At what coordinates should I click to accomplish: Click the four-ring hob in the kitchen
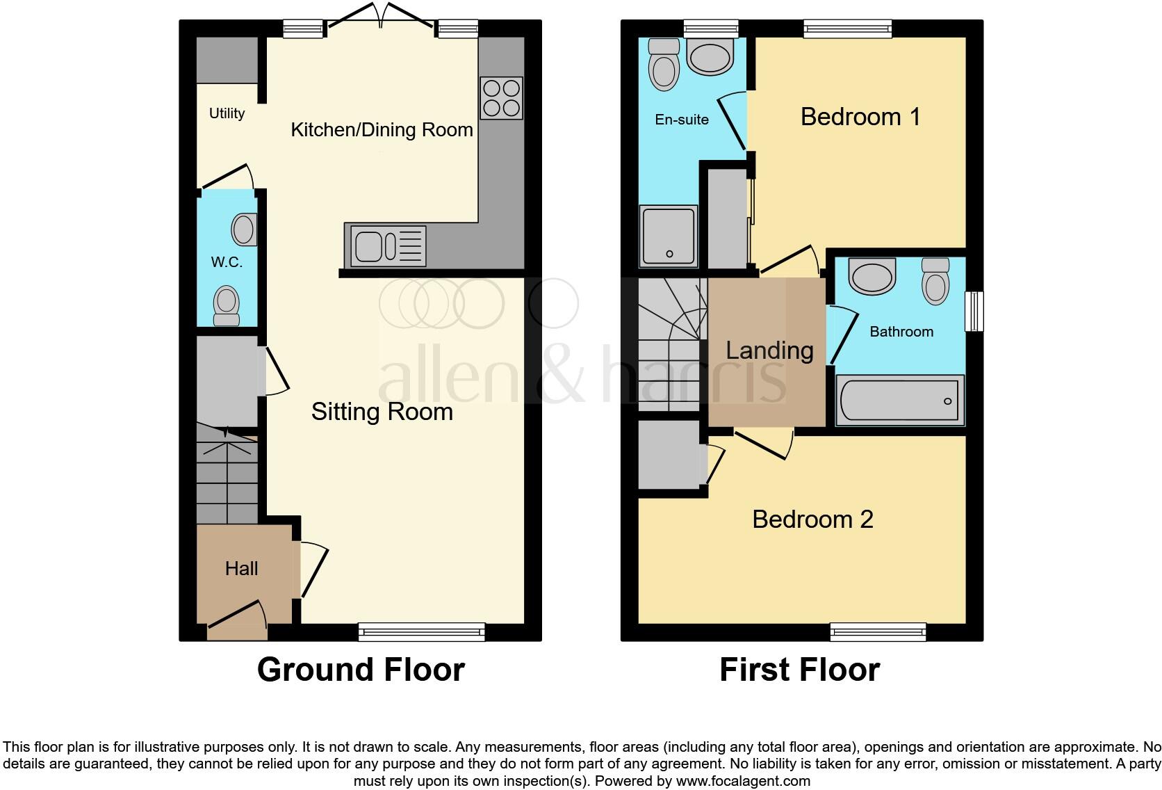pos(501,97)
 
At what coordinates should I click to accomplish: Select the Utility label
pos(227,113)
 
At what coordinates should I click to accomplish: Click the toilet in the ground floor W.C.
pos(226,306)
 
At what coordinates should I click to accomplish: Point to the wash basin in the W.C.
pos(244,229)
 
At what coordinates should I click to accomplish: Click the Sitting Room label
pos(382,412)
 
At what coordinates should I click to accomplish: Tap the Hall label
pos(241,569)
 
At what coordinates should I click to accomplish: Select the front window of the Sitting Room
pos(421,631)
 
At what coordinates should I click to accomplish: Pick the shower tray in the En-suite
pos(668,236)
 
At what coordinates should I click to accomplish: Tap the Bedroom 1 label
pos(860,116)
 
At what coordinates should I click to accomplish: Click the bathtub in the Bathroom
pos(900,401)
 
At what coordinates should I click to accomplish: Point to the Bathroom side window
pos(974,311)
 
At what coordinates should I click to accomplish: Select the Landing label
pos(769,350)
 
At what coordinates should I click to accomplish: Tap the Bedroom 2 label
pos(812,519)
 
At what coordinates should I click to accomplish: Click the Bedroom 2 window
pos(878,631)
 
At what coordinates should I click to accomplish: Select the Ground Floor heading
pos(361,670)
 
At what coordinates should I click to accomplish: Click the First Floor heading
pos(799,670)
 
